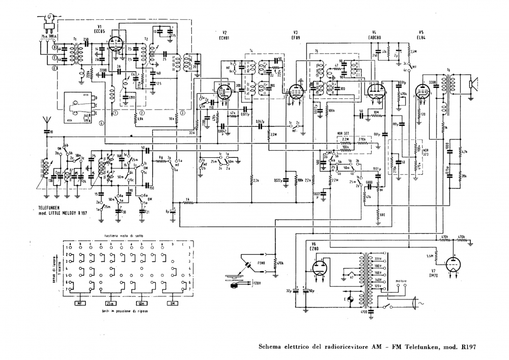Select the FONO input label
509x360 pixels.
coord(261,263)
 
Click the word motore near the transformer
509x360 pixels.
coord(401,280)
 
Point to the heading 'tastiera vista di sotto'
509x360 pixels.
coord(121,236)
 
